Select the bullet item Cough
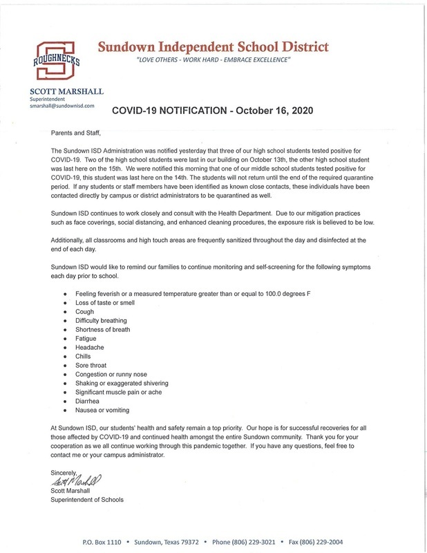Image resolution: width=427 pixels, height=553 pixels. point(85,312)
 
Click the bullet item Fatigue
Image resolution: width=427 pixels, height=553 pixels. point(86,339)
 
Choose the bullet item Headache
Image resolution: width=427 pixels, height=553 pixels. point(91,348)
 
